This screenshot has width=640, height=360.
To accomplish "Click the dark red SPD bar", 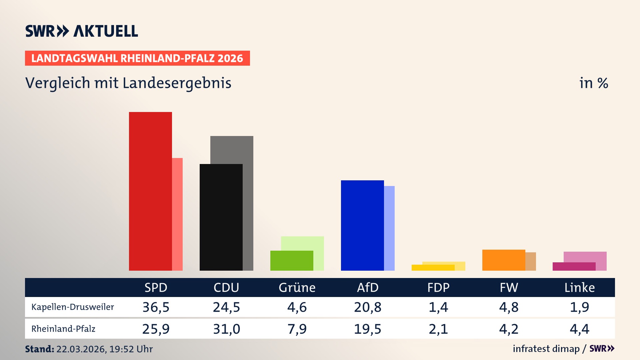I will [x=150, y=191].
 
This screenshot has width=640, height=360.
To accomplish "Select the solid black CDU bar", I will [x=221, y=217].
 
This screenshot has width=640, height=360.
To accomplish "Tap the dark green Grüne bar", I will [x=292, y=260].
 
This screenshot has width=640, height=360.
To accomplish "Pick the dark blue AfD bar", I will [x=362, y=225].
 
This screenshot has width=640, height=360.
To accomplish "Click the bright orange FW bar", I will [x=504, y=260].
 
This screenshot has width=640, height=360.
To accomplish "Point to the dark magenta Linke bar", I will [x=574, y=266].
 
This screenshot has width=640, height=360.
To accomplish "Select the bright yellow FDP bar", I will [x=433, y=267].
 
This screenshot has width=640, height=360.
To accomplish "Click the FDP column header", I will [x=438, y=287].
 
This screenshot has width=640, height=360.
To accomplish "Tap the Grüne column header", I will [x=297, y=287].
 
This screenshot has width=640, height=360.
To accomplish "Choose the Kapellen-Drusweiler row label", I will [x=73, y=307].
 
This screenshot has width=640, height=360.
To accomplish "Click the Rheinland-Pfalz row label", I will [x=63, y=329].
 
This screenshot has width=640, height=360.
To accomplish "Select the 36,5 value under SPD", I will [x=156, y=307].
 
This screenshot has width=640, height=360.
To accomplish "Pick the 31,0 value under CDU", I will [x=227, y=329].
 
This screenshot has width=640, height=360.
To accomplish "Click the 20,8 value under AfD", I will [x=368, y=307].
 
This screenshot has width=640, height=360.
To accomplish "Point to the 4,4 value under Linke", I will [x=579, y=329].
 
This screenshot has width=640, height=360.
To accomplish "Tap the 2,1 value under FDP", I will [x=438, y=329].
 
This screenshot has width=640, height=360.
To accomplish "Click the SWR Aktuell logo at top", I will [x=82, y=31].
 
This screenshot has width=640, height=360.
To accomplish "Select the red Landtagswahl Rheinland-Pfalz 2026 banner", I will [x=137, y=58].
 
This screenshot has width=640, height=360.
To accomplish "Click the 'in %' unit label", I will [x=593, y=83].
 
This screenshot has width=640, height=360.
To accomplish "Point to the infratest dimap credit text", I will [x=546, y=349].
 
